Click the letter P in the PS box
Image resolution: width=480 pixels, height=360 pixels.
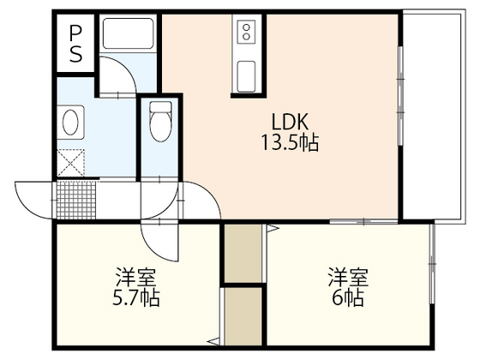click(75, 33)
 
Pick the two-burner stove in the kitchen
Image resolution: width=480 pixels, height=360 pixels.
click(246, 33)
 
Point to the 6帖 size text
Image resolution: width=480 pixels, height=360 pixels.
click(347, 299)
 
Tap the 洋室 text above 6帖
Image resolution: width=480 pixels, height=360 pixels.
click(347, 278)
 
